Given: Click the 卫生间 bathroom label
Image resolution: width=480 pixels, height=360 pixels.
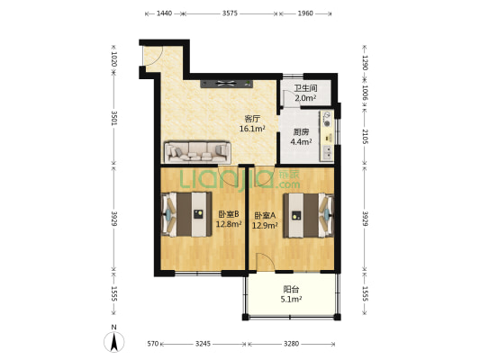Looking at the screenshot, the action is coord(305,88).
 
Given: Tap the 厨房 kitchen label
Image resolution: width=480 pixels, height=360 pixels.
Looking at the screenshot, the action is coord(301,132).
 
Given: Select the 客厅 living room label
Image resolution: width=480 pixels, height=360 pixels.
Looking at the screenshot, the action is coord(252,119).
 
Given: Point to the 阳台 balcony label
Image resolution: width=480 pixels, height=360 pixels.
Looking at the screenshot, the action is coord(291,289).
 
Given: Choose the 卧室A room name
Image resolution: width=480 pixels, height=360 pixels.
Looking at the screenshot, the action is coord(265,215).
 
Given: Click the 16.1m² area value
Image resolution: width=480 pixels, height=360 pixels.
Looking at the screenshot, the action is coord(252,129).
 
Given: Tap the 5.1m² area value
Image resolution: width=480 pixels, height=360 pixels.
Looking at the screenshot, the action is coord(291,299).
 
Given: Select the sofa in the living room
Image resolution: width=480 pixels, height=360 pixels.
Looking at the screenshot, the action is coord(197,152).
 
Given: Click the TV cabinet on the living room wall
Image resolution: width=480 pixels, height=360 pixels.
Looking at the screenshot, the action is coord(227,84).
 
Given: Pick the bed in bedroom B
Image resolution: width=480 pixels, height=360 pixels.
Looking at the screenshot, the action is coord(186,214).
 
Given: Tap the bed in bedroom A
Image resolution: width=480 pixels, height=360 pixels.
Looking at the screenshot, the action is coord(308,215).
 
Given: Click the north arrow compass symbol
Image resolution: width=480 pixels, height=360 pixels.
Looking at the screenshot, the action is coord(114,342).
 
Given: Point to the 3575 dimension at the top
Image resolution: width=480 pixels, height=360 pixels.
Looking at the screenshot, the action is coord(230,13).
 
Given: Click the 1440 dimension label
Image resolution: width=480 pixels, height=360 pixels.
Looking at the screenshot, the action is coord(165,13).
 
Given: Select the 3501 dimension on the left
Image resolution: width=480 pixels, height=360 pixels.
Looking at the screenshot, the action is coord(114,118).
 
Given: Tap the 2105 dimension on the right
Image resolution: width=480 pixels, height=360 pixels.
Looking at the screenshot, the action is coord(366,137).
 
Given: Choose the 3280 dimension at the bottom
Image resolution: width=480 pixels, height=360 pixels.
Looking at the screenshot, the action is coord(291,344).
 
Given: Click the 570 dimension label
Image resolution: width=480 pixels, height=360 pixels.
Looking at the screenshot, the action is coord(153,344).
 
